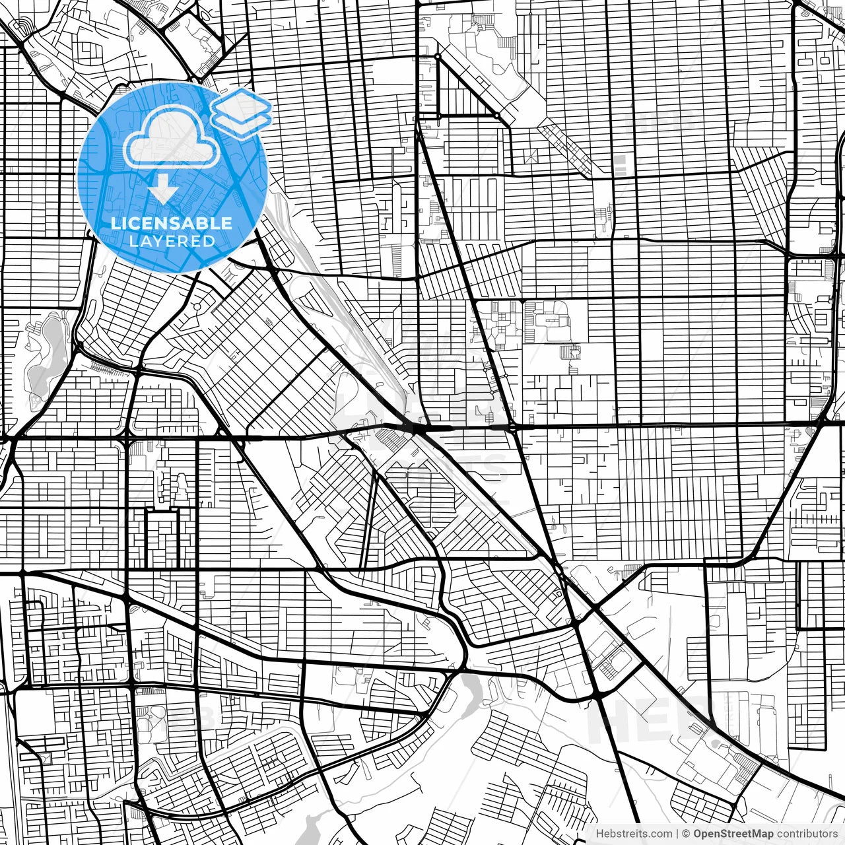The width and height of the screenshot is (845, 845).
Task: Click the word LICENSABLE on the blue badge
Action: coord(172,223)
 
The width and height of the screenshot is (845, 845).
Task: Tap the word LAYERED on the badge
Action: coord(172,241)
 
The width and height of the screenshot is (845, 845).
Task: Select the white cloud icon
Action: coord(172,137)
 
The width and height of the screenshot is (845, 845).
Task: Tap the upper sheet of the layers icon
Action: coord(241,104)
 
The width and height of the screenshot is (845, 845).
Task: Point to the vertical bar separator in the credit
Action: coord(678,834)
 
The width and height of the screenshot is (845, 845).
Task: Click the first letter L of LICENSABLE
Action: coord(114,223)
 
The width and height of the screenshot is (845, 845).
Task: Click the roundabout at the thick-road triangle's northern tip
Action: coord(437,57)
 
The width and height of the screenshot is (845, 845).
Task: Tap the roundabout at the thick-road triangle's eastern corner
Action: coord(496,115)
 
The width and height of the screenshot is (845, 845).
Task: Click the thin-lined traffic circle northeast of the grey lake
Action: coord(196,308)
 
